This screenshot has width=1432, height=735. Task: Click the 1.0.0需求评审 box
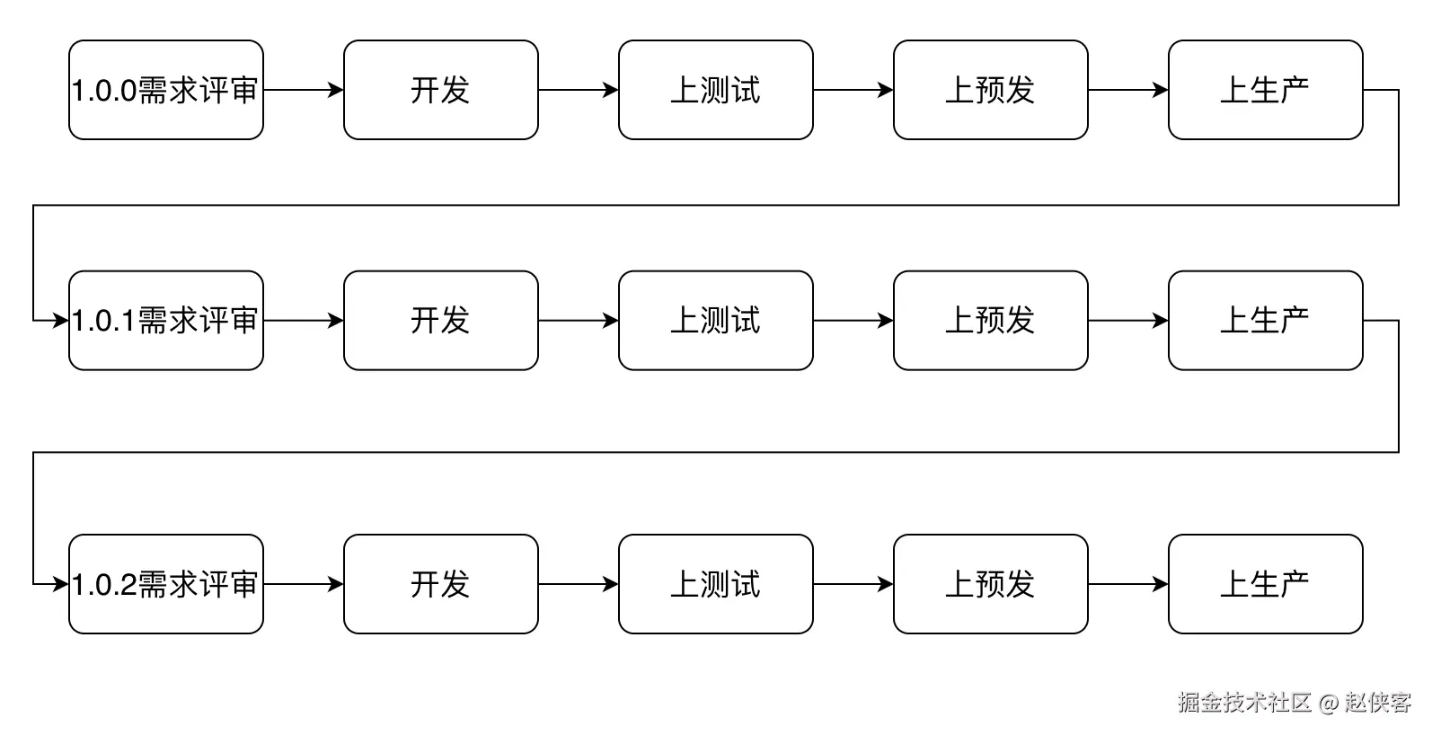click(x=166, y=90)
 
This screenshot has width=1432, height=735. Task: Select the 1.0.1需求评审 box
click(x=166, y=321)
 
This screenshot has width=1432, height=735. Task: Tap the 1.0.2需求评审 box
click(x=166, y=584)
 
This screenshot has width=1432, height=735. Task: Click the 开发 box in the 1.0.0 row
click(x=441, y=90)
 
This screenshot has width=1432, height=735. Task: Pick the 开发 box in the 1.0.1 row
click(x=441, y=321)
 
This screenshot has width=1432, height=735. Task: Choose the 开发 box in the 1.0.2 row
click(x=441, y=584)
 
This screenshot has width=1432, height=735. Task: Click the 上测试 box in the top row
click(x=716, y=90)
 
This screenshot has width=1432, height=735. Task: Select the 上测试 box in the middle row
click(x=716, y=321)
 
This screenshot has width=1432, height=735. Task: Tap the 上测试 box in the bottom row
click(x=716, y=584)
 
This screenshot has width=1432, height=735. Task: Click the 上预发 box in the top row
click(x=991, y=90)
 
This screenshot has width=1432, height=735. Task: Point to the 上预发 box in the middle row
click(x=991, y=321)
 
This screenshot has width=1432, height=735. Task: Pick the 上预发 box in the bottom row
click(x=991, y=584)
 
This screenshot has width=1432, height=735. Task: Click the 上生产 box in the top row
click(x=1266, y=90)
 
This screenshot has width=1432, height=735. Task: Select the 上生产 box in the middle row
click(x=1266, y=321)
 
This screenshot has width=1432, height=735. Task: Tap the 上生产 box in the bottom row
click(x=1266, y=584)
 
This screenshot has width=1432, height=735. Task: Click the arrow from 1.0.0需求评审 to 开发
click(x=304, y=90)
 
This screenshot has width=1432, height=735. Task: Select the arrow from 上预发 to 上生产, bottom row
click(x=1128, y=584)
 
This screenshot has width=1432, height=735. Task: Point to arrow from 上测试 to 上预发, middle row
click(x=853, y=321)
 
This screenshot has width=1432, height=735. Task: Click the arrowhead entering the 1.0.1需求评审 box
click(x=61, y=321)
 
